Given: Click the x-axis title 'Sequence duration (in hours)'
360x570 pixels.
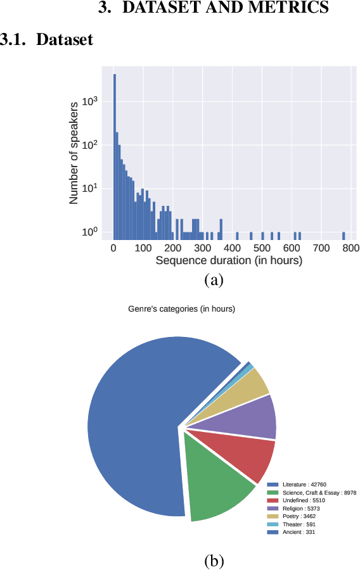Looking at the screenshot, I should pyautogui.click(x=229, y=260).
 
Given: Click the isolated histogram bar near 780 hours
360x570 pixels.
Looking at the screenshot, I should pyautogui.click(x=344, y=236).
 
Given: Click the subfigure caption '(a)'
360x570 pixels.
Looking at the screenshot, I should pyautogui.click(x=214, y=279).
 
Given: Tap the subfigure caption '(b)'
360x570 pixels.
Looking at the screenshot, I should pyautogui.click(x=214, y=560).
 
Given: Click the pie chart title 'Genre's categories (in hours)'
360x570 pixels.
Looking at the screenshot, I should pyautogui.click(x=181, y=309).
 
